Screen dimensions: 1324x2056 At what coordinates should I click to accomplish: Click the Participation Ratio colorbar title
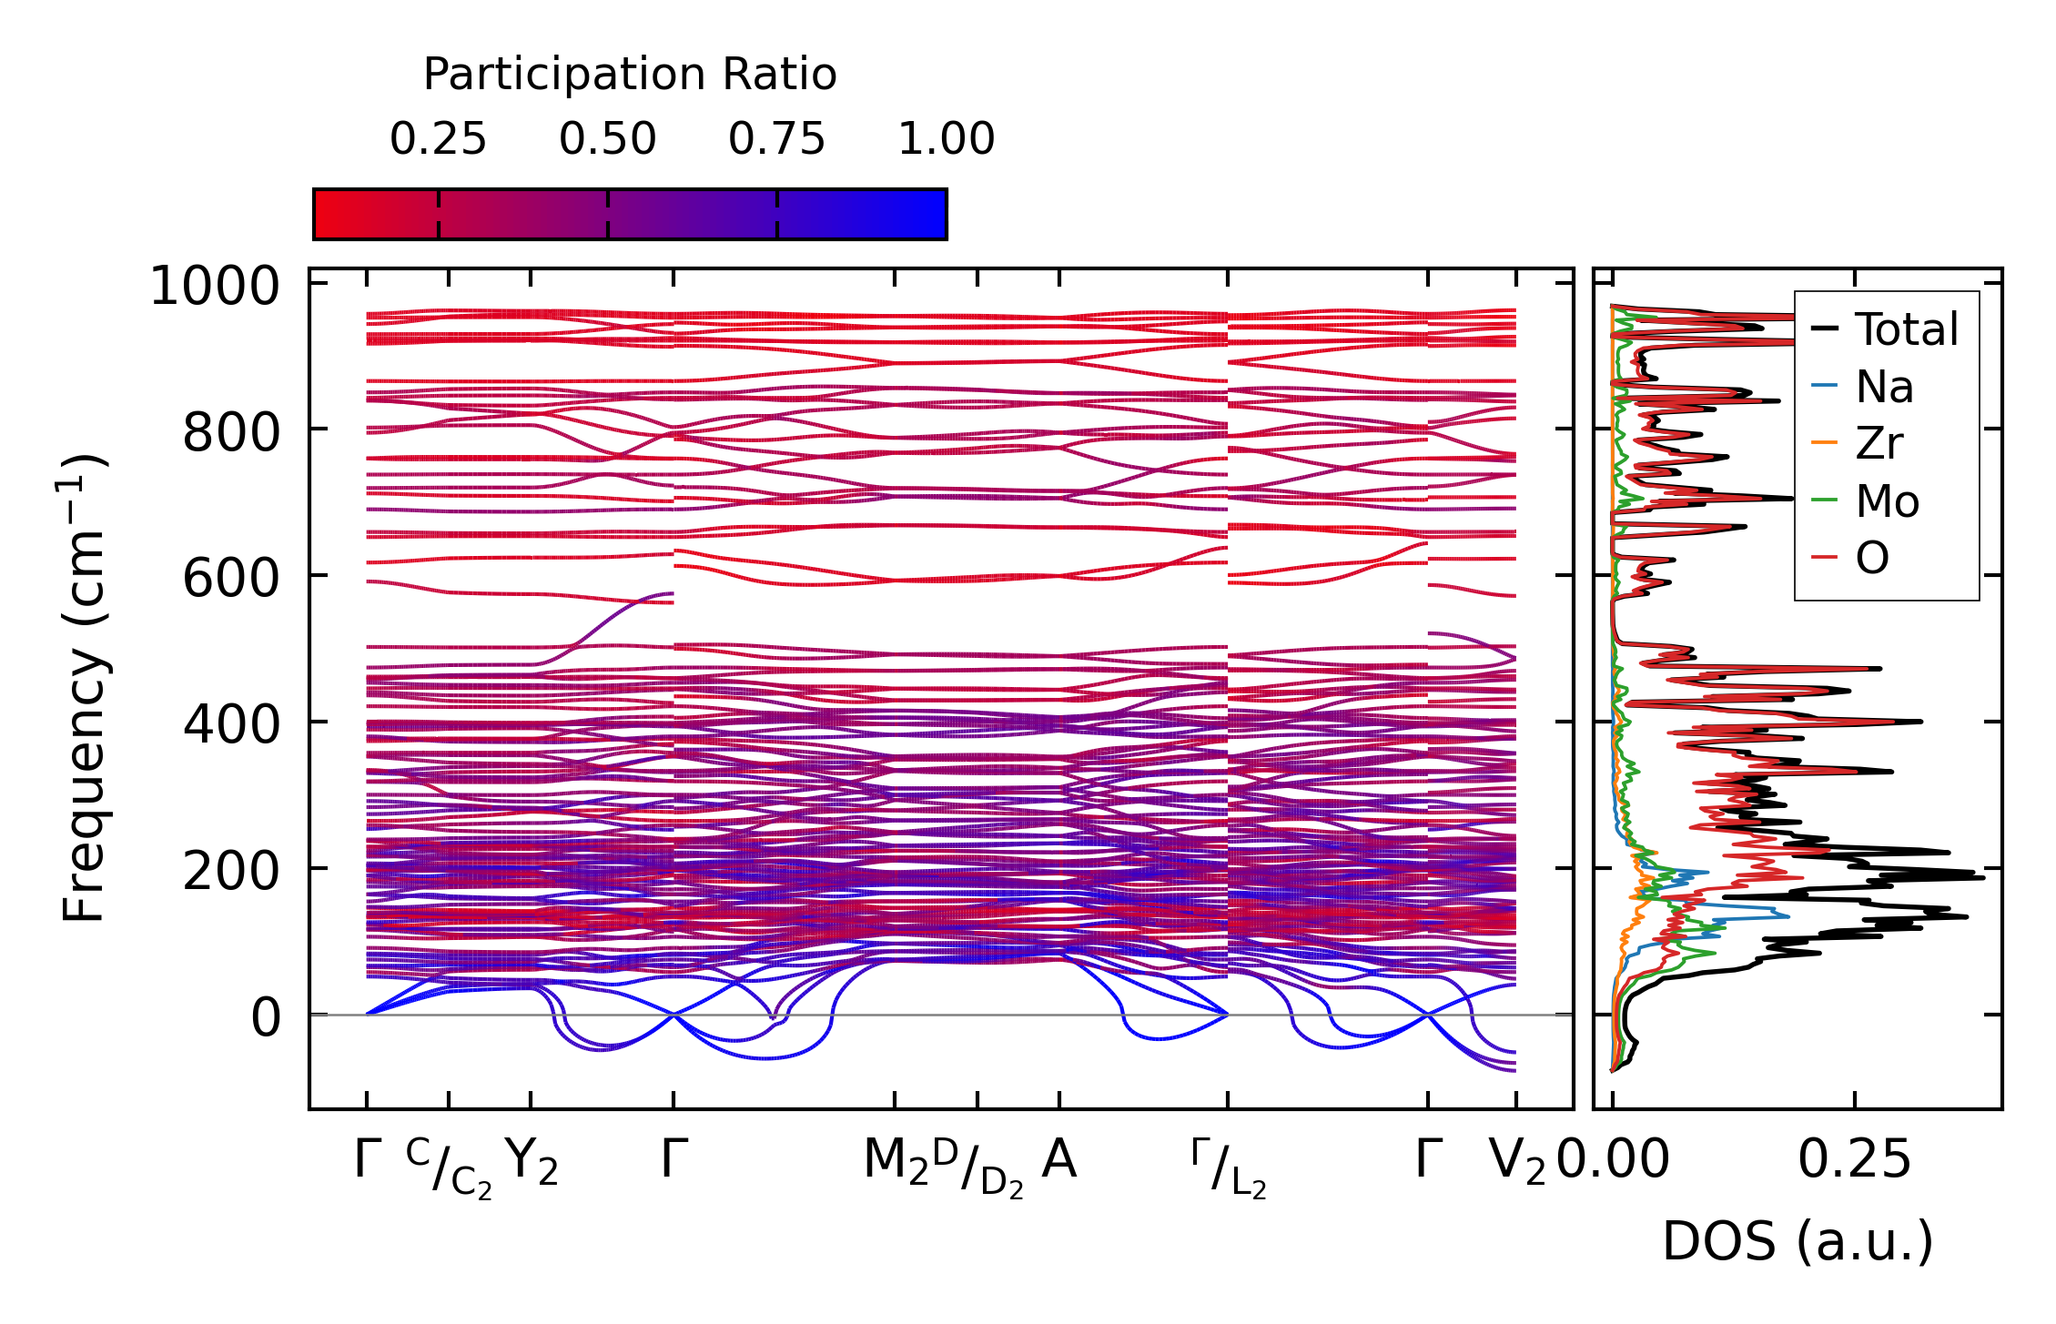[629, 75]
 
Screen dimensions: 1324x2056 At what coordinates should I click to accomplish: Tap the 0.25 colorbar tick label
[438, 140]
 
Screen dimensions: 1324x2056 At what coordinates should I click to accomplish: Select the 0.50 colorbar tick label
[607, 140]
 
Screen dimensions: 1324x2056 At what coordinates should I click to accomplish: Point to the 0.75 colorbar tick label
[776, 140]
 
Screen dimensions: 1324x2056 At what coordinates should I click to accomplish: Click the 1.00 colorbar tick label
[946, 140]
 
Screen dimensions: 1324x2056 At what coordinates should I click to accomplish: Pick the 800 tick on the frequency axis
[231, 433]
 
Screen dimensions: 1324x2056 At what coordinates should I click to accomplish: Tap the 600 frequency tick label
[231, 579]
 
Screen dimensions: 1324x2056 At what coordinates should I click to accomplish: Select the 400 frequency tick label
[231, 725]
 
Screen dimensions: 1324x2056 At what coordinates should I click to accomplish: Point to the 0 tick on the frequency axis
[266, 1017]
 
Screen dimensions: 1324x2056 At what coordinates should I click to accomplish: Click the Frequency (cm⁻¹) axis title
[84, 688]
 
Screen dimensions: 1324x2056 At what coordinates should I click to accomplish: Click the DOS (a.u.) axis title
[1798, 1242]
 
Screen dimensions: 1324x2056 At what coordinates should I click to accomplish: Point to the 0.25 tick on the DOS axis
[1854, 1161]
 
